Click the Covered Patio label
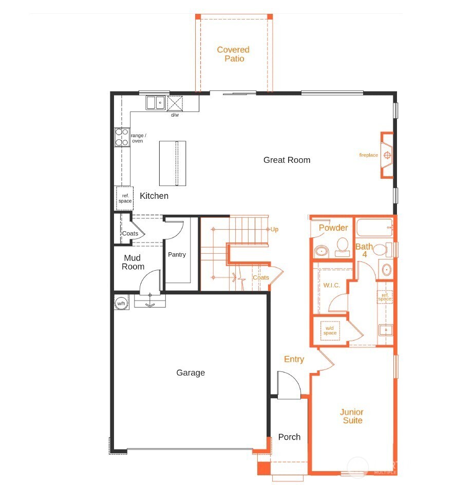pos(233,54)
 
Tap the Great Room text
pos(287,160)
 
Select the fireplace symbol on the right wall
pos(387,155)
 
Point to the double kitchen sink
pos(155,103)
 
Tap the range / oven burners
pos(122,137)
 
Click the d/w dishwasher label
pos(175,115)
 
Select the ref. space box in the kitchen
pos(125,198)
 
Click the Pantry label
pos(177,254)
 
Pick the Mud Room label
pos(133,262)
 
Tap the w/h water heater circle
pos(121,303)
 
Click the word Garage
pos(191,372)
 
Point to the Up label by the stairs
pos(274,229)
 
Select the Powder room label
pos(333,228)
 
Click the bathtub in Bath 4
pos(374,227)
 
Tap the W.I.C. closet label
pos(331,285)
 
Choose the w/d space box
pos(330,330)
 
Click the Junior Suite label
pos(351,416)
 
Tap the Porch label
pos(289,437)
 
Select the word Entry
pos(294,359)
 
